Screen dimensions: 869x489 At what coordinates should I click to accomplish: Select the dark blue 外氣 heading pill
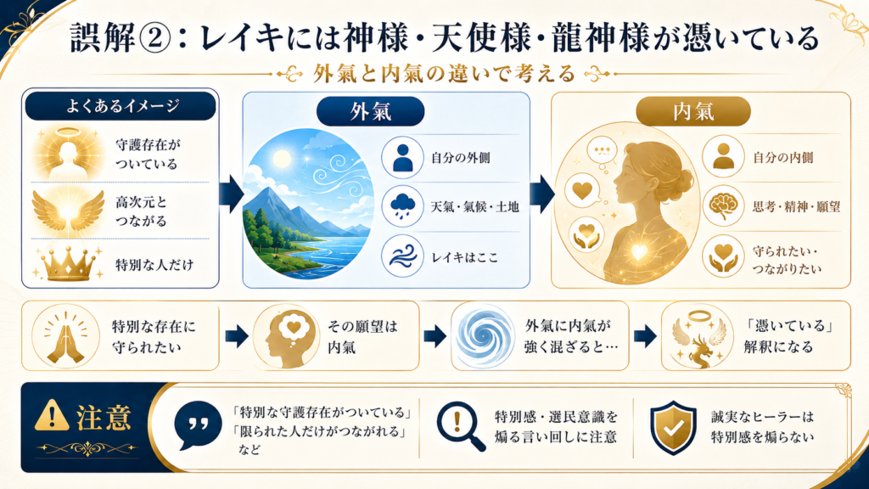click(x=370, y=111)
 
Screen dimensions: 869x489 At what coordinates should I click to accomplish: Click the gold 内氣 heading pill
click(x=692, y=111)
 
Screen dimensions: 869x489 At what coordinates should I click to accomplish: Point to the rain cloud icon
click(x=403, y=206)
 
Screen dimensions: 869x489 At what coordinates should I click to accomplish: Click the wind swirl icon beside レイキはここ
click(x=403, y=256)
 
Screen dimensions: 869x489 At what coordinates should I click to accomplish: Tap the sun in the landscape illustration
click(x=281, y=159)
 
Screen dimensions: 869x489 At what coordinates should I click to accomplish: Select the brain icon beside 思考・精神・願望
click(x=723, y=206)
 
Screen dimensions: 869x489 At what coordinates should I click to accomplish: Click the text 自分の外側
click(x=461, y=158)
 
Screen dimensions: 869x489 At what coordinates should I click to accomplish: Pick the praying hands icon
click(x=65, y=336)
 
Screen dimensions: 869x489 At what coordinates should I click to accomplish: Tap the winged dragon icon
click(x=698, y=338)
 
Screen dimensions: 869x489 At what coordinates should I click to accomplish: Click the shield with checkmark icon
click(x=673, y=427)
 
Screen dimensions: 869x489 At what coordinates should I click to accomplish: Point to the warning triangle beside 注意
click(x=52, y=415)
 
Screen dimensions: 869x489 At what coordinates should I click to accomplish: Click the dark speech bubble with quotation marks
click(x=197, y=425)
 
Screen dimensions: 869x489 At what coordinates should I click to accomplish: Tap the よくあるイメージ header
click(x=121, y=106)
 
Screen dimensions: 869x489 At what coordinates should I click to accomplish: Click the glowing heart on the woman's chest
click(x=639, y=252)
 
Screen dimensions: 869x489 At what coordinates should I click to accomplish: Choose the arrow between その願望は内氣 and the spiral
click(x=435, y=336)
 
